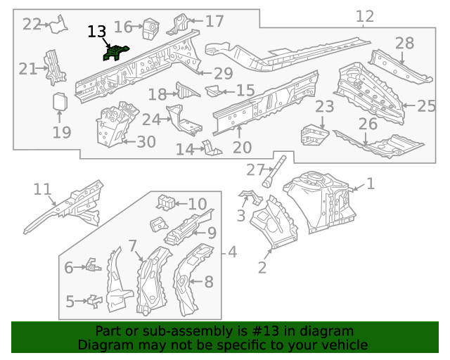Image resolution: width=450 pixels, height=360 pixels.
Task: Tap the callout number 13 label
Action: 97,32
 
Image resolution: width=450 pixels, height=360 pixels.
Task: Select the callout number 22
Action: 32,24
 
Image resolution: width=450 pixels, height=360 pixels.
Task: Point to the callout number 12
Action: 365,16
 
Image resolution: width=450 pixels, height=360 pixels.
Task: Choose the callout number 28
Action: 404,44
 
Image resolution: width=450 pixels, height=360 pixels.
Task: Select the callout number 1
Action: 371,184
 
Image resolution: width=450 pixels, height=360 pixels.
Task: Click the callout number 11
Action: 42,188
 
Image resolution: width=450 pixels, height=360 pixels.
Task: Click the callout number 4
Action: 231,252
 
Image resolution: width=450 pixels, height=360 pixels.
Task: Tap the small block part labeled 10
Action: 165,202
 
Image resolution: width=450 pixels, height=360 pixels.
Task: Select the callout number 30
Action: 146,142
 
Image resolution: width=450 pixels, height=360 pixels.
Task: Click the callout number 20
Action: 242,147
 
